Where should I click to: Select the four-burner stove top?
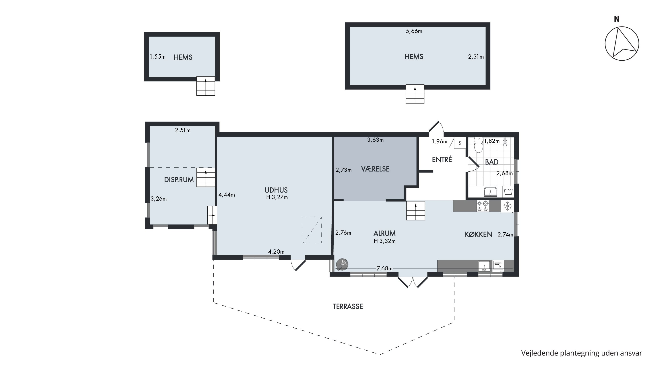[483, 206]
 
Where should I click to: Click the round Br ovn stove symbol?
[342, 265]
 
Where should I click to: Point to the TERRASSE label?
[347, 306]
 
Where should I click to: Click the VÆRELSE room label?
[375, 169]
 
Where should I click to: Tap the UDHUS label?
[276, 190]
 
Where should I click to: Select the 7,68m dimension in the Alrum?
[384, 268]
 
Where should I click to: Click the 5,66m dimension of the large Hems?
[414, 31]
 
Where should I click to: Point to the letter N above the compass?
[617, 19]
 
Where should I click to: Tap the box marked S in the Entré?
[460, 143]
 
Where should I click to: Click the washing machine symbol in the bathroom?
[508, 191]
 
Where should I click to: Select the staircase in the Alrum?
[415, 211]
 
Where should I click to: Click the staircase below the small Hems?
[206, 86]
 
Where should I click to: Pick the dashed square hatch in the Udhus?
[312, 230]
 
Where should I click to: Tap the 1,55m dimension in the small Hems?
[158, 57]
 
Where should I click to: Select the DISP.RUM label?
[179, 180]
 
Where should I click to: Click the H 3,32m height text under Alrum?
[385, 241]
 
